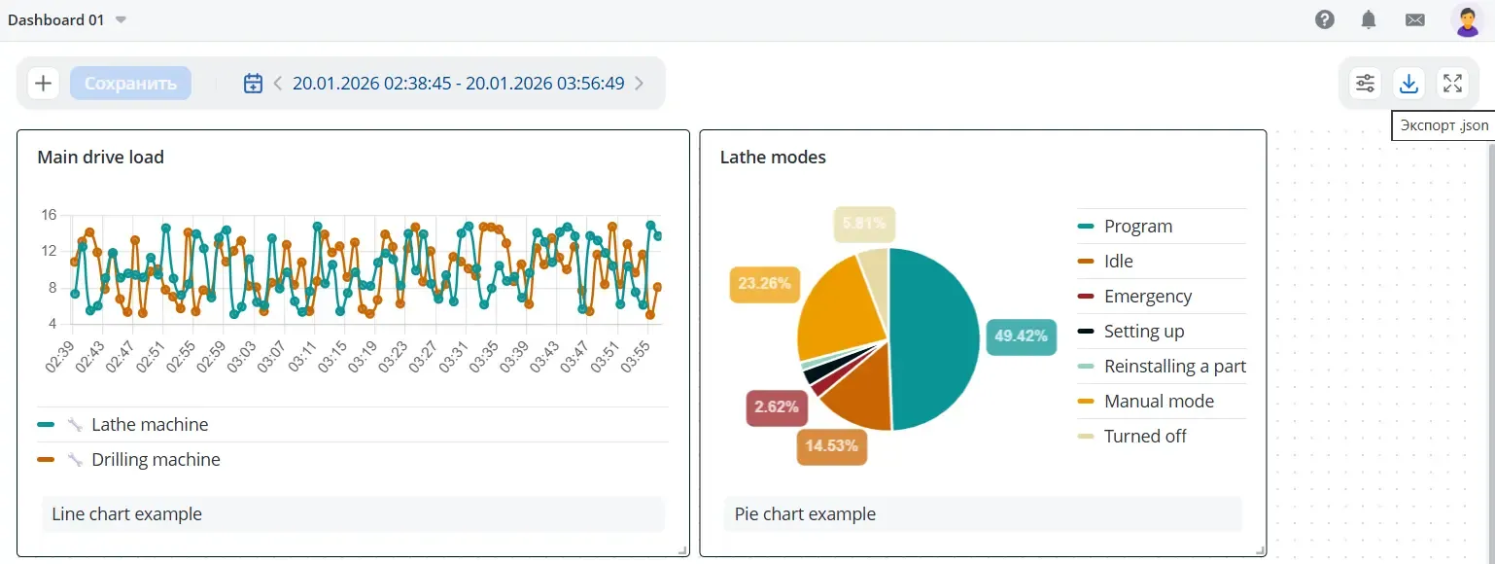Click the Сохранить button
point(130,84)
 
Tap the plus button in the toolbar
point(43,84)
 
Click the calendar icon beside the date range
point(253,84)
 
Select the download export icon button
point(1408,84)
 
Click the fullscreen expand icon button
point(1452,84)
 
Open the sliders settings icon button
point(1366,84)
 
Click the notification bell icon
point(1369,19)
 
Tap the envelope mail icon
point(1414,19)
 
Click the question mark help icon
point(1324,19)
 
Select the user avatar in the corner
point(1467,19)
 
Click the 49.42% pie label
point(1021,336)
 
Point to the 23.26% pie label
point(764,284)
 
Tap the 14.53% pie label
point(832,446)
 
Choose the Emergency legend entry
point(1147,297)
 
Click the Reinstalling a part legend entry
point(1174,367)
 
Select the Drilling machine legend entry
point(156,460)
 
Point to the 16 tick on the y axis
point(49,215)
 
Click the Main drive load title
point(100,157)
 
